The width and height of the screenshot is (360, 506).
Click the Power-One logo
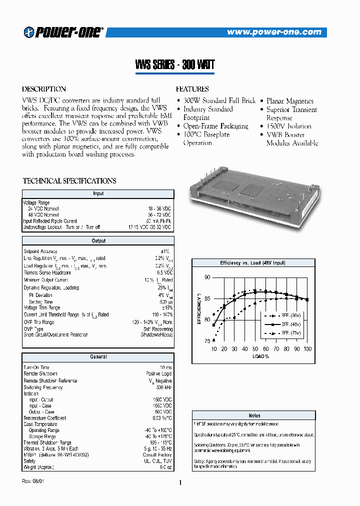(x=62, y=32)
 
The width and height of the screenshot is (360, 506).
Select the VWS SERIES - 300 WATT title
(x=174, y=65)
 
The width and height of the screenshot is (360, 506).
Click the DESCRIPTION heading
(x=44, y=89)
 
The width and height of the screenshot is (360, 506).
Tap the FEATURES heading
(x=192, y=89)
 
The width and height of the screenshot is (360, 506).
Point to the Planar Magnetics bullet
(x=289, y=101)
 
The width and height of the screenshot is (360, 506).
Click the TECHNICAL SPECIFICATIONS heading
(x=69, y=181)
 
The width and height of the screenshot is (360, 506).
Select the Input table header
(x=98, y=193)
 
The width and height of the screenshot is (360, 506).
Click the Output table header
(x=98, y=241)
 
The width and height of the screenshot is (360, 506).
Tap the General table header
(x=98, y=357)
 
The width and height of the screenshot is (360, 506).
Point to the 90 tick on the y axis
(x=207, y=277)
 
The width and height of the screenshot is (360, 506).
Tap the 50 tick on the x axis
(x=255, y=348)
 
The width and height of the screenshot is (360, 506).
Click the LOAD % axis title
(x=260, y=356)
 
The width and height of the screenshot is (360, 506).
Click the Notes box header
(x=254, y=415)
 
